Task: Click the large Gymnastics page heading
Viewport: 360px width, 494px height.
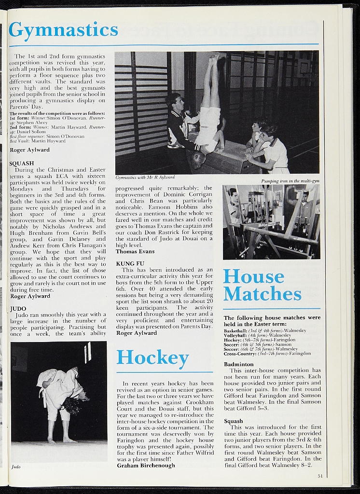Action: click(63, 30)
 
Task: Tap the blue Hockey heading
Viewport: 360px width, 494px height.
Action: click(152, 357)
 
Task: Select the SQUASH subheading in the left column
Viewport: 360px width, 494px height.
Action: click(22, 163)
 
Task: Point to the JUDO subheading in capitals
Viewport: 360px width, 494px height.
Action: click(18, 308)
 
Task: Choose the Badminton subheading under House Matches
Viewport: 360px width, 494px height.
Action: click(238, 364)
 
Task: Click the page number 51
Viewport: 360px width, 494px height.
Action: click(320, 476)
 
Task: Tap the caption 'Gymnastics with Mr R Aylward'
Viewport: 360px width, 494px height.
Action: click(145, 178)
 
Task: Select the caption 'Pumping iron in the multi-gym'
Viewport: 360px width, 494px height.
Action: click(290, 181)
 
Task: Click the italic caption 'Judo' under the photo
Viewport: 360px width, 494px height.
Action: click(15, 467)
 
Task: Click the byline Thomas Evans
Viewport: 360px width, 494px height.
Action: click(135, 251)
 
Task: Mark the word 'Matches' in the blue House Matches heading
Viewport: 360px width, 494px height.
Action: click(262, 294)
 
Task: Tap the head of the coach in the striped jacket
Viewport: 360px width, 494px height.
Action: click(176, 102)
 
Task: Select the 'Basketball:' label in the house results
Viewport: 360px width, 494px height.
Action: click(235, 330)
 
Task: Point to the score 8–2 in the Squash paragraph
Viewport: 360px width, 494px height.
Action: click(305, 465)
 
